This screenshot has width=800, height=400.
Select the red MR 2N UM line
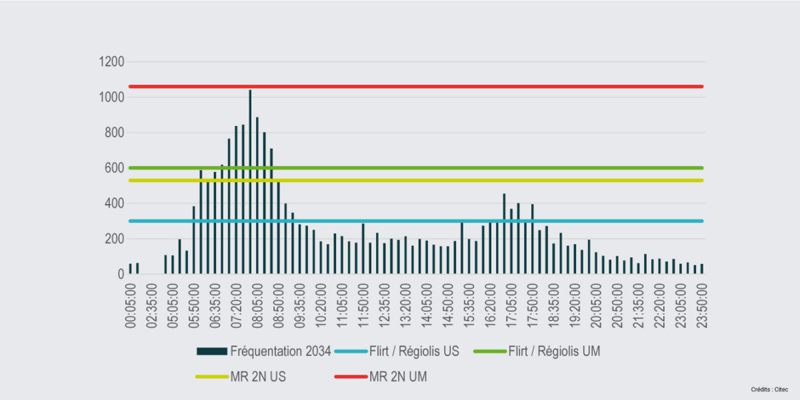467,86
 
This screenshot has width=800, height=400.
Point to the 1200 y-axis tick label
111,62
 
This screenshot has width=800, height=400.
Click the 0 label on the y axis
121,274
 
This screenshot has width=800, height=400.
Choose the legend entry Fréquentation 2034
280,351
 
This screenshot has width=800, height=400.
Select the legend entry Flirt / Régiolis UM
553,351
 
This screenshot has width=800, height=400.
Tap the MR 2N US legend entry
257,377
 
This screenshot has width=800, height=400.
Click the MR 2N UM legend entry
398,377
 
